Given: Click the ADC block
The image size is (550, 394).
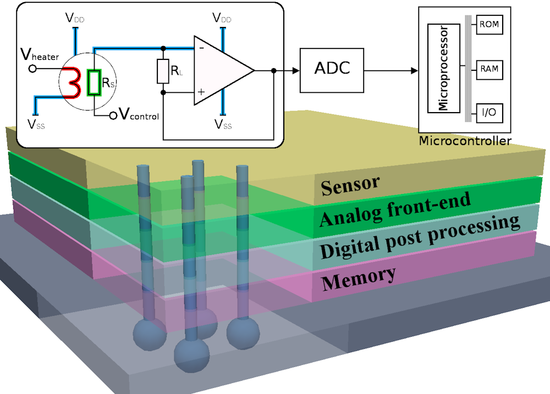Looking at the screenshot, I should [x=332, y=70].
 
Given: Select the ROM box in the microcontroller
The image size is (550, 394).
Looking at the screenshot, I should [x=489, y=25].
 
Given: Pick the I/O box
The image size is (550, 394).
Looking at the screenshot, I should [x=489, y=112].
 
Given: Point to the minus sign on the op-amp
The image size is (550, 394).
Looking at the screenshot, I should [x=201, y=48].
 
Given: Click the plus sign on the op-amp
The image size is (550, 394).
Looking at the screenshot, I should [x=201, y=92].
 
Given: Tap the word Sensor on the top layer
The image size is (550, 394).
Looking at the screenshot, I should [x=351, y=186].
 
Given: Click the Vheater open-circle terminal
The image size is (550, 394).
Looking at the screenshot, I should [x=32, y=69].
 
